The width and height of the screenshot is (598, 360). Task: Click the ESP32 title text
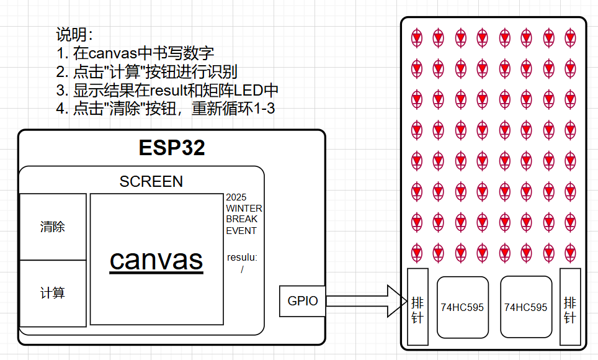pos(172,148)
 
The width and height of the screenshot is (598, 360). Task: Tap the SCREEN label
pos(151,181)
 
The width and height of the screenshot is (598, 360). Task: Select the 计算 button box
pos(53,293)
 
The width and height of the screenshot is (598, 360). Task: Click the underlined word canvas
pos(156,259)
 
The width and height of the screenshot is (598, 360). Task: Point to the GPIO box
pos(303,301)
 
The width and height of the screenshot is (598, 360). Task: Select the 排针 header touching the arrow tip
pos(417,307)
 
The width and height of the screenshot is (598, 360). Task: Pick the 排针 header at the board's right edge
pos(570,307)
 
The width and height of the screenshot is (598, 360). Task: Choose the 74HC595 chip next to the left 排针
pos(463,307)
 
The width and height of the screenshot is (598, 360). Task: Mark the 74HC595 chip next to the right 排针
pos(526,307)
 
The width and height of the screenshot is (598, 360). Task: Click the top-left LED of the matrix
pos(417,38)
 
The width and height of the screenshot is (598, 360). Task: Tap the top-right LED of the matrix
pos(570,38)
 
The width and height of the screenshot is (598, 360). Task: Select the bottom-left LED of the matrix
pos(417,253)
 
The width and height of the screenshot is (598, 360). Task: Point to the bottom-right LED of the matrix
pos(570,253)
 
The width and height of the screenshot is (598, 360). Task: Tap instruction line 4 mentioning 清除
pos(165,109)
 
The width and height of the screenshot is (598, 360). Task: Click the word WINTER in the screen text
pos(244,208)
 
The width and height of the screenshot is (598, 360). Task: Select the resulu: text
pos(242,256)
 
